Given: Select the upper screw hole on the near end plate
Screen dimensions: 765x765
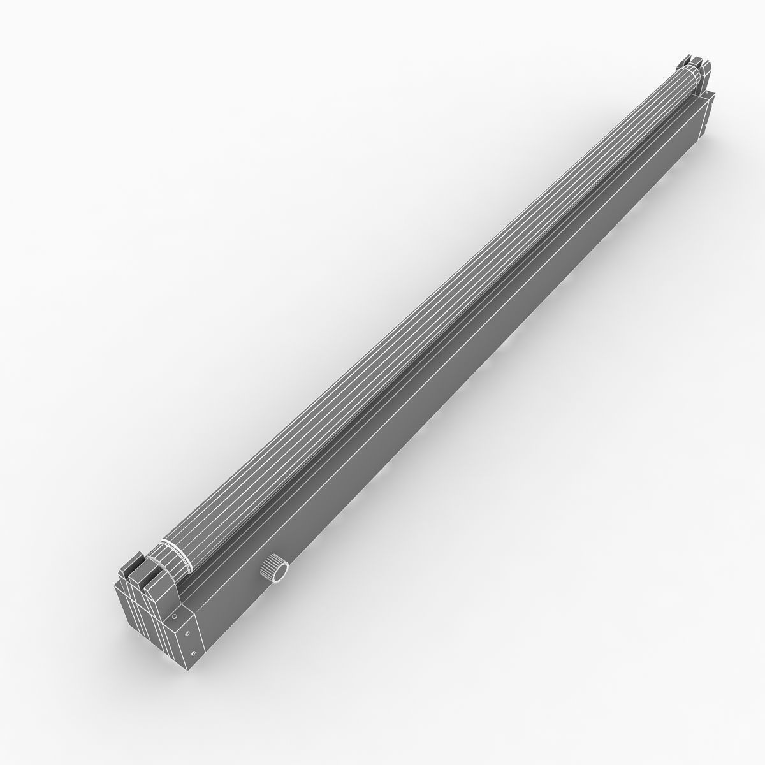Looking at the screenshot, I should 187,633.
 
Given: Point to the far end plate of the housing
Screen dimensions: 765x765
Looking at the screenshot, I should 709,115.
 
